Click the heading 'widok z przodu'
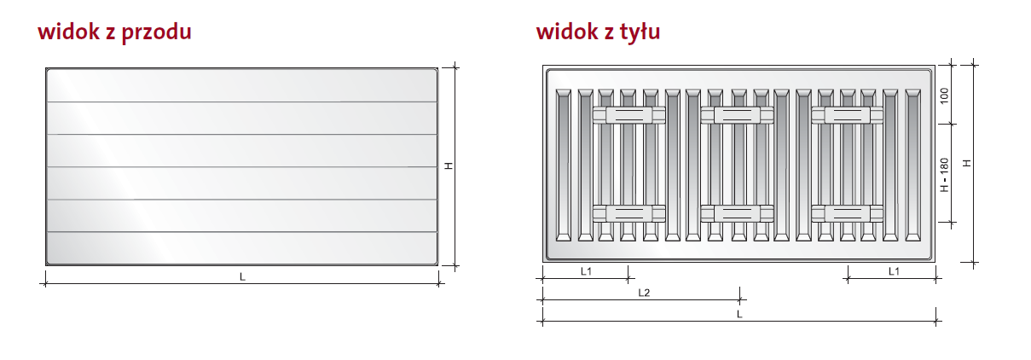pyautogui.click(x=113, y=32)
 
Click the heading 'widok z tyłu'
pyautogui.click(x=598, y=32)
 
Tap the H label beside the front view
pyautogui.click(x=449, y=166)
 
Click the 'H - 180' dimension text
pyautogui.click(x=944, y=174)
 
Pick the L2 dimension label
pyautogui.click(x=644, y=293)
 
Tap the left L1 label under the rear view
pyautogui.click(x=586, y=271)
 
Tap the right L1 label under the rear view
pyautogui.click(x=893, y=271)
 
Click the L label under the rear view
pyautogui.click(x=739, y=314)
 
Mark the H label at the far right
pyautogui.click(x=966, y=162)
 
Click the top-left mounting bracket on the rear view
pyautogui.click(x=628, y=115)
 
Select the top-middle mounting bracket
pyautogui.click(x=736, y=115)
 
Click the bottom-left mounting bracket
pyautogui.click(x=628, y=212)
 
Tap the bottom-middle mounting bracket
pyautogui.click(x=736, y=212)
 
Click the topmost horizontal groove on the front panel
pyautogui.click(x=242, y=102)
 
